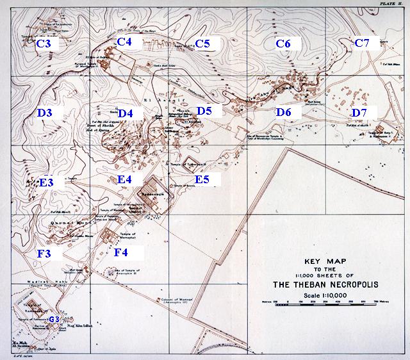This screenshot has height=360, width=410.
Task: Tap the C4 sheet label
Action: (x=124, y=42)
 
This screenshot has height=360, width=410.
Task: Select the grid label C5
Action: (x=203, y=44)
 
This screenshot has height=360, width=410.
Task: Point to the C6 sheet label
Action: (x=283, y=43)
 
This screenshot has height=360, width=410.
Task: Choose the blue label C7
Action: (x=362, y=43)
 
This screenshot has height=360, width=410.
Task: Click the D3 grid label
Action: (x=44, y=113)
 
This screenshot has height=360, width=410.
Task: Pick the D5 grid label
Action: (x=204, y=111)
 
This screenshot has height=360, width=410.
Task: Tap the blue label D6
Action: (x=284, y=113)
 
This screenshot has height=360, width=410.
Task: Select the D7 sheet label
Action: (x=359, y=113)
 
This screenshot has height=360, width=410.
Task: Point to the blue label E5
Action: (x=202, y=179)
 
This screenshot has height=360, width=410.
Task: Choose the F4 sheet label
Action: (x=122, y=252)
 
